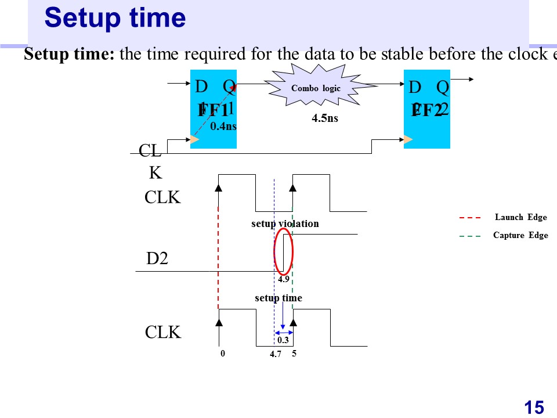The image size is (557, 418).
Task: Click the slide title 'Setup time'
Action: (x=115, y=18)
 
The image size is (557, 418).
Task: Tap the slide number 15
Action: (x=534, y=408)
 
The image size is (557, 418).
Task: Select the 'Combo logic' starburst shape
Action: (x=316, y=89)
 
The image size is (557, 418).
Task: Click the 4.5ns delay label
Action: (x=324, y=119)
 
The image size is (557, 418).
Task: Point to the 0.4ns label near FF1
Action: (x=223, y=126)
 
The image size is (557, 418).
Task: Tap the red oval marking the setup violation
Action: (x=284, y=252)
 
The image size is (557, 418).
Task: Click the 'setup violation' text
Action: (x=285, y=224)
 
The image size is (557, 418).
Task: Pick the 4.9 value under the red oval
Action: (x=283, y=279)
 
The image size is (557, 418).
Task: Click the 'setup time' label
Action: (x=278, y=298)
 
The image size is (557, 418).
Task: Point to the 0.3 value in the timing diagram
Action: (x=283, y=340)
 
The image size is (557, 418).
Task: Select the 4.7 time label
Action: (x=276, y=354)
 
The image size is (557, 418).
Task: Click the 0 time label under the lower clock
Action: (x=222, y=352)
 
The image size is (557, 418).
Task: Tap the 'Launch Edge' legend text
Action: (x=520, y=217)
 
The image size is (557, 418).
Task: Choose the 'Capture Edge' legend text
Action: (x=520, y=235)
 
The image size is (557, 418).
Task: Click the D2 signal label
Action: (x=157, y=259)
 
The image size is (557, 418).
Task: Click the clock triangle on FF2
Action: (x=408, y=139)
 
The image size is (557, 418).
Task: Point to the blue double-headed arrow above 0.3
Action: (x=283, y=332)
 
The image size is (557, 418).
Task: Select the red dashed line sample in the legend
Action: (x=470, y=218)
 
